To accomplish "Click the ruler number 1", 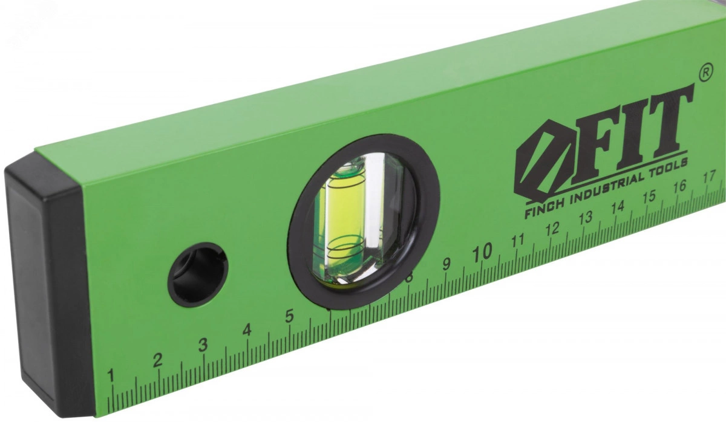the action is (x=111, y=375).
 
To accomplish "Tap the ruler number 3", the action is (x=203, y=345).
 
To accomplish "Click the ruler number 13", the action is (x=586, y=218).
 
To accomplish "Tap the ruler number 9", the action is (x=446, y=265).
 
